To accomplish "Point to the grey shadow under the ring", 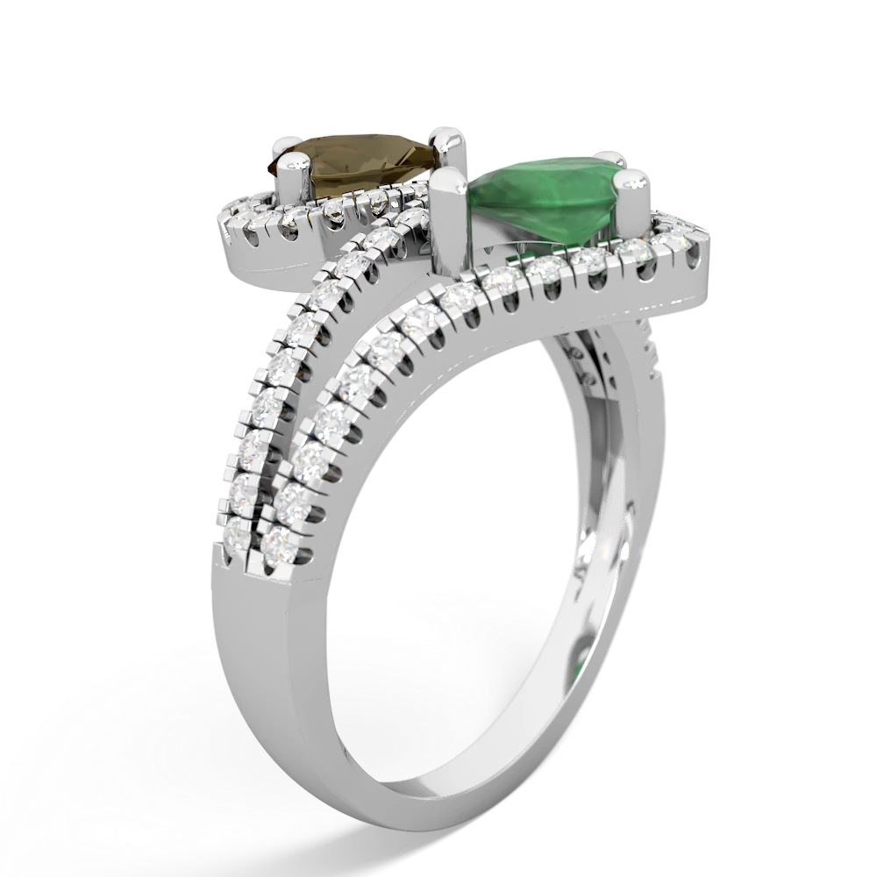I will coord(175,702).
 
